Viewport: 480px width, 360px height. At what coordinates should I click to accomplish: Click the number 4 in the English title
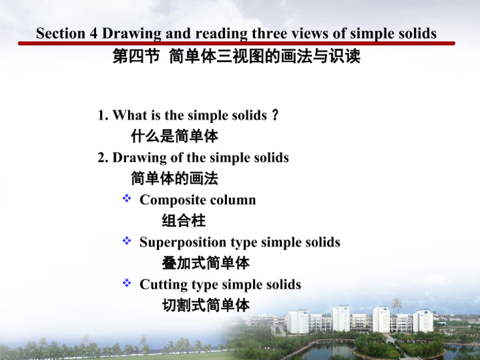(94, 33)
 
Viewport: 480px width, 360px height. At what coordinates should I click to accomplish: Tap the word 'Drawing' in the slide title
(131, 34)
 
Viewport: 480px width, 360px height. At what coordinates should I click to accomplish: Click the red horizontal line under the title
(236, 43)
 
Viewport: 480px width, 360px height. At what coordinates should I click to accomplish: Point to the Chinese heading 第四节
(136, 56)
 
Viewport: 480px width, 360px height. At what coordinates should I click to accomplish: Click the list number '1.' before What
(103, 115)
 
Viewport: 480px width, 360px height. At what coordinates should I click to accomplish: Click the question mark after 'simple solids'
(275, 115)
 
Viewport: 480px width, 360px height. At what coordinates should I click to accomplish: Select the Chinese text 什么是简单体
(175, 136)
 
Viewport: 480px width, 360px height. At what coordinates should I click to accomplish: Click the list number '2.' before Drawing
(103, 158)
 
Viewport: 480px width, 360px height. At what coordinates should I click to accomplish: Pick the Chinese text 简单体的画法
(175, 178)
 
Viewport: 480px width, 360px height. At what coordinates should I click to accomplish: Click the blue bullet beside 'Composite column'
(127, 198)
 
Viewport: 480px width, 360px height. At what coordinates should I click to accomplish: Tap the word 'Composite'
(173, 200)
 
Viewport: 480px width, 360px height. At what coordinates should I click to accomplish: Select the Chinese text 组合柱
(184, 221)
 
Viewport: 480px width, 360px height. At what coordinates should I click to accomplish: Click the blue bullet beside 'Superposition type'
(127, 241)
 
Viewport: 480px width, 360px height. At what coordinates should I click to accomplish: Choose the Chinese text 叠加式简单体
(206, 263)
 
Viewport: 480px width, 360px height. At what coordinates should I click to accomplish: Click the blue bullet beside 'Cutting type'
(127, 283)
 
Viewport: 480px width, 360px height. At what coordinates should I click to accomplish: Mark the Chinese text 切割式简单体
(206, 305)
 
